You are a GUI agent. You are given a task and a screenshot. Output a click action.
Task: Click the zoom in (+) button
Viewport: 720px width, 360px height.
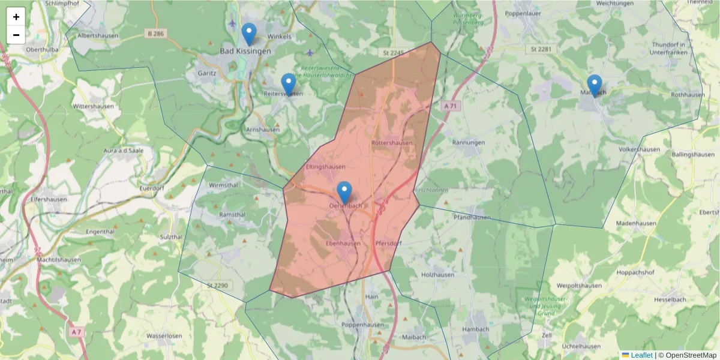click(16, 17)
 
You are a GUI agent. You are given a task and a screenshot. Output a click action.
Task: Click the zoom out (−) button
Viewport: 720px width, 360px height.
click(16, 35)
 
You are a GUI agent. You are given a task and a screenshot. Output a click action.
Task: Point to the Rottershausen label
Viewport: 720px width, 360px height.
click(392, 143)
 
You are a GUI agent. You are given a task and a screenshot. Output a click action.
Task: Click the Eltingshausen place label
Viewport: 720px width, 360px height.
click(325, 167)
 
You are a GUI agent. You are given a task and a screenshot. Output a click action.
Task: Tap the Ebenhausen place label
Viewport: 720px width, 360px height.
click(343, 244)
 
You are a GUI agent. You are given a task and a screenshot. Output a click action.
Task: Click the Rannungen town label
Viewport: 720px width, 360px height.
click(469, 143)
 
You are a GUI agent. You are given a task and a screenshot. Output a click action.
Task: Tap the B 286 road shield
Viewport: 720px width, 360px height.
click(155, 34)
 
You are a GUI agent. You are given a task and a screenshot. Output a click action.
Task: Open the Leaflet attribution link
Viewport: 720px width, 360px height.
click(641, 355)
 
